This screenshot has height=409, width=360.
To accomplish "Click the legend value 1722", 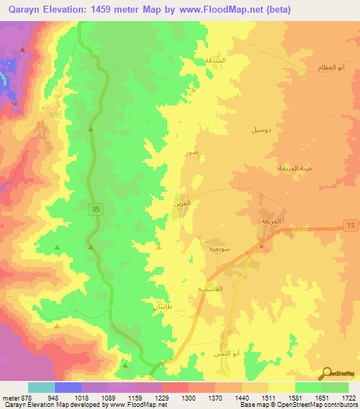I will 349,397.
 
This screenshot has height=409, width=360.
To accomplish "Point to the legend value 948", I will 53,397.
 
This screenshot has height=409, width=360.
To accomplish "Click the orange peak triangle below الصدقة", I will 193,89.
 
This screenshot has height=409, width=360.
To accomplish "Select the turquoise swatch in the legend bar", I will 41,387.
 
